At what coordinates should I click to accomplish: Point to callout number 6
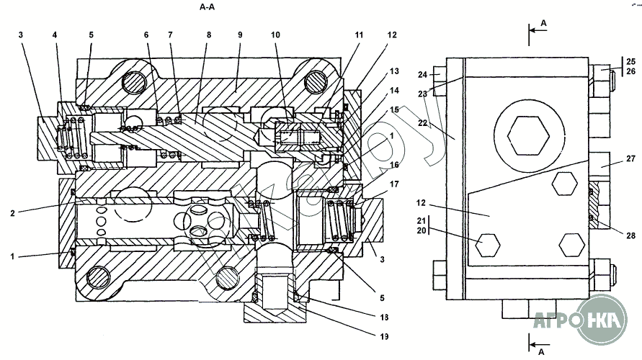coord(146,35)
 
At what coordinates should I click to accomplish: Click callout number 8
coord(209,35)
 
